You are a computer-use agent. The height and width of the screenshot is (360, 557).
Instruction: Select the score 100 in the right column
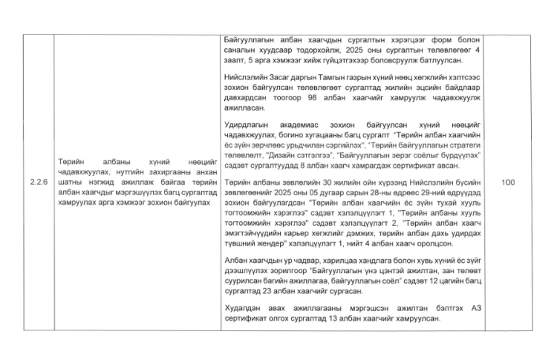[509, 181]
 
